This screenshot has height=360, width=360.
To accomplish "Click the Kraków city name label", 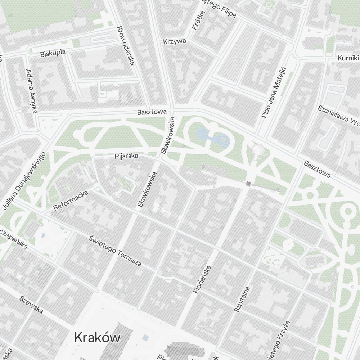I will [97, 338].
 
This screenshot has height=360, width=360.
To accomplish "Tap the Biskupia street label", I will [53, 53].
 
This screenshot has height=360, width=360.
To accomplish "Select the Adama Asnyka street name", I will [32, 91].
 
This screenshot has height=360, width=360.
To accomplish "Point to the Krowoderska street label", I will [125, 46].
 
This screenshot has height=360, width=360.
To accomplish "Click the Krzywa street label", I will [175, 41].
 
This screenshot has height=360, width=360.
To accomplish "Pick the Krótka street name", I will [199, 20].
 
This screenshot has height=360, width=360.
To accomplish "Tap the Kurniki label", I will [348, 58].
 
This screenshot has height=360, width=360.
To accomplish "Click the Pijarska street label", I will [126, 156].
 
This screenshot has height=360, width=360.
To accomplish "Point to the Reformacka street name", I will [71, 201].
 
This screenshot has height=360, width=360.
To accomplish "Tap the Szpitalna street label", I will [242, 299].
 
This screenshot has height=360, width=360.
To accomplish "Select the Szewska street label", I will [31, 305].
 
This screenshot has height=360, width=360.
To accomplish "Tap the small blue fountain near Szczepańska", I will [43, 235].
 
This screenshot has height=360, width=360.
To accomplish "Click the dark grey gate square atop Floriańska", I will [248, 184].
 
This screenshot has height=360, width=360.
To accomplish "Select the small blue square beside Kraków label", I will [145, 338].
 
